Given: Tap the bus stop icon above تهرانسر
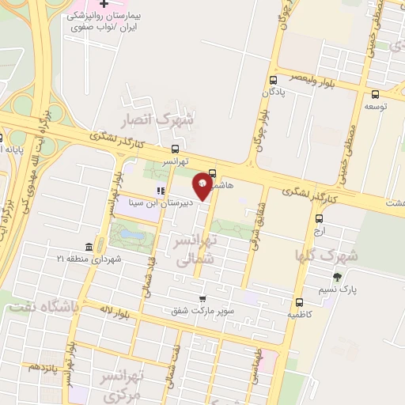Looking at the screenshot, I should click(175, 148).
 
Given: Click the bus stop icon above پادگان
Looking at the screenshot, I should click(274, 80).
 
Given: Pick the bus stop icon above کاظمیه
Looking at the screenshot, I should click(299, 301).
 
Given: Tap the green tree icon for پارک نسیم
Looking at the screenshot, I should click(338, 277).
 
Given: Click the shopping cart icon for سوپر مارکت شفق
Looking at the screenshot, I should click(203, 299).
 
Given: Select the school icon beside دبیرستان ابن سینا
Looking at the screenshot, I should click(161, 190).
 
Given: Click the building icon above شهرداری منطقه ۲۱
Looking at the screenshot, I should click(87, 247).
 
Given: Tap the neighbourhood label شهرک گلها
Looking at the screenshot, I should click(327, 255).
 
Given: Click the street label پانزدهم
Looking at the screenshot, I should click(44, 368).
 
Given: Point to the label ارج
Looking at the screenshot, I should click(319, 231).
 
